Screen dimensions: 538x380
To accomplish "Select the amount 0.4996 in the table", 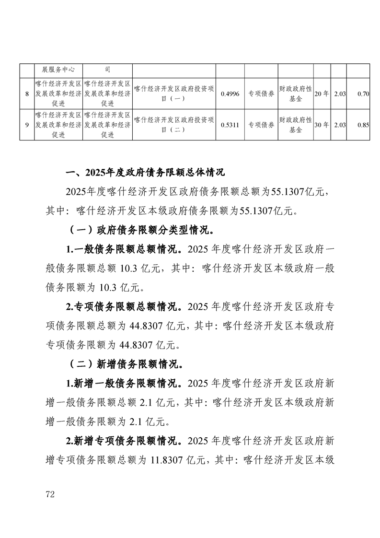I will tap(230, 94).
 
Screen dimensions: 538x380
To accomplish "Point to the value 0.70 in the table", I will tap(363, 94).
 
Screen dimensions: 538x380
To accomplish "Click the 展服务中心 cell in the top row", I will tap(58, 70).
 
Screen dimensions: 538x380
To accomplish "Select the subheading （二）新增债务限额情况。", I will tap(126, 363).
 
